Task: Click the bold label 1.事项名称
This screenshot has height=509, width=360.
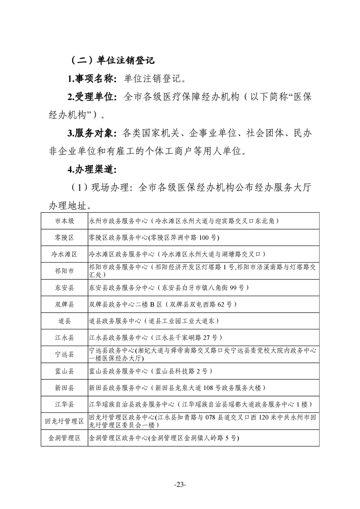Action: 92,78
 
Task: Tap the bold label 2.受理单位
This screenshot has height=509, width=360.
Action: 92,97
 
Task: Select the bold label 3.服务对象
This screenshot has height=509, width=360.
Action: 92,133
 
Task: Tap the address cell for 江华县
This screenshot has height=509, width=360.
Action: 200,405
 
